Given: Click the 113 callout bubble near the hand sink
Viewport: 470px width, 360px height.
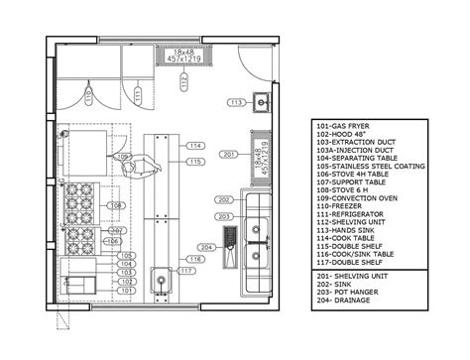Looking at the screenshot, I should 237,102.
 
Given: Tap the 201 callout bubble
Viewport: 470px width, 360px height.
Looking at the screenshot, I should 228,155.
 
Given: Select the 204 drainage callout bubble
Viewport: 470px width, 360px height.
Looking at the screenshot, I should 207,246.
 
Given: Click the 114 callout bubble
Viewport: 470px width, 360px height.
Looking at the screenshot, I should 195,147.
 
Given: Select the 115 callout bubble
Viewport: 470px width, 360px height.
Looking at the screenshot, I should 195,161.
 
